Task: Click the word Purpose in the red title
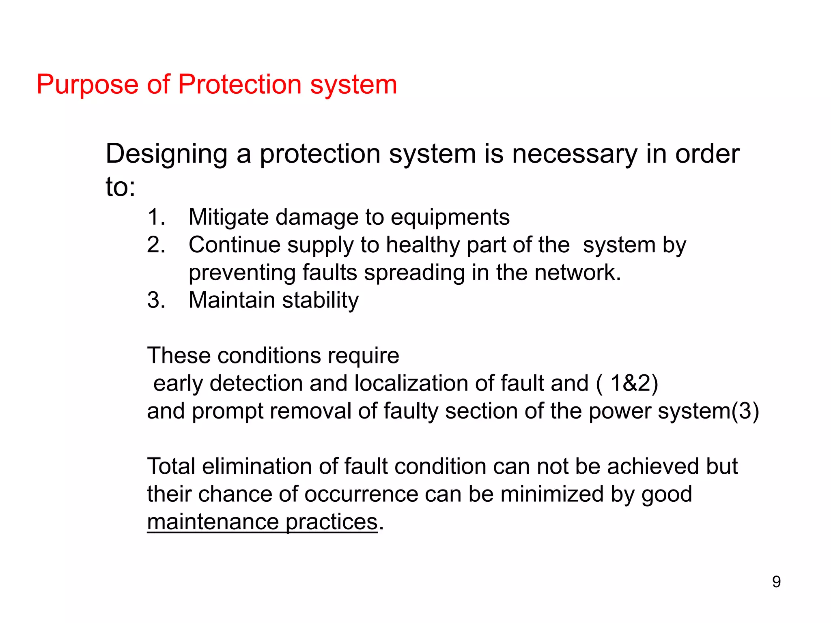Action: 87,85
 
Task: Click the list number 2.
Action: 156,245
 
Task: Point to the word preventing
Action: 242,273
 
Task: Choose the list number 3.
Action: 156,301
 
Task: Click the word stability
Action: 321,301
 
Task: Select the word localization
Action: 411,383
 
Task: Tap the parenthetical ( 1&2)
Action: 627,383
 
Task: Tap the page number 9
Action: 776,582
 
